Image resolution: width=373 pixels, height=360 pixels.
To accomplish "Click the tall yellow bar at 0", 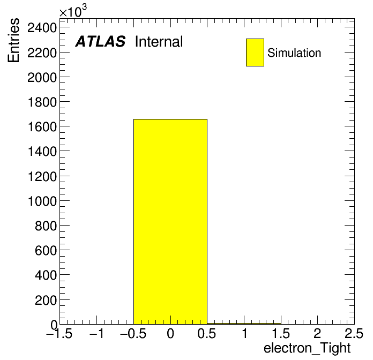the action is tap(170, 222).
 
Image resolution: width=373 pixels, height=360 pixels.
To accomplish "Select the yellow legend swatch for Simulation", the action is tap(255, 52).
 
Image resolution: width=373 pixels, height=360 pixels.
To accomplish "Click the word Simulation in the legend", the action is tap(294, 53).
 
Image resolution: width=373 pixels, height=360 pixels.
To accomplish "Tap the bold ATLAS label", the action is tap(100, 41).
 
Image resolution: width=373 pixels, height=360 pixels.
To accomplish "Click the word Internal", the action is tap(159, 42).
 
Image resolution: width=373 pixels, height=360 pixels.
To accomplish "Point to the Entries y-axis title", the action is tap(13, 40).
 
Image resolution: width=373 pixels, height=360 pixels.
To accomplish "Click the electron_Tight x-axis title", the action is tap(307, 348).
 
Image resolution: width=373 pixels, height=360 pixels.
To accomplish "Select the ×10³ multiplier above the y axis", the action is tap(73, 11).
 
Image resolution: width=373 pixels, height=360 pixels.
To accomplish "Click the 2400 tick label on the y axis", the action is tap(42, 28).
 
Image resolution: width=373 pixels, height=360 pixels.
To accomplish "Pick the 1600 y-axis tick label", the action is tap(42, 126).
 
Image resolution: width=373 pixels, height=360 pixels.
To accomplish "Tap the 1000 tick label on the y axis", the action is tap(42, 201).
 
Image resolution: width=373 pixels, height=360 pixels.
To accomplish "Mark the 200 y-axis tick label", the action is tap(46, 300).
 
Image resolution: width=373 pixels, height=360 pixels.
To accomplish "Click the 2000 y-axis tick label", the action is tap(42, 77).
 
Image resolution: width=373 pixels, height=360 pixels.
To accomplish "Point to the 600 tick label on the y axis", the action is tap(46, 250).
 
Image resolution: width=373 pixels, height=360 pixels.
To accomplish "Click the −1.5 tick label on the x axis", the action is tap(59, 333).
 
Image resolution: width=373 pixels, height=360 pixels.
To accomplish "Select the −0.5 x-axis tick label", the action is tap(133, 333).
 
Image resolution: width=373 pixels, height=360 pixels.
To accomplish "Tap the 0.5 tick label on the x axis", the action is tap(206, 333).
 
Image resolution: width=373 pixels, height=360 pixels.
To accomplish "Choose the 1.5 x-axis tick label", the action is tap(281, 333).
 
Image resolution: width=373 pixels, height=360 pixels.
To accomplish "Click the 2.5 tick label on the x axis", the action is tap(354, 333).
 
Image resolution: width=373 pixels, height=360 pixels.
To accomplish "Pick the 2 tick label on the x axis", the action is tap(317, 333).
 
